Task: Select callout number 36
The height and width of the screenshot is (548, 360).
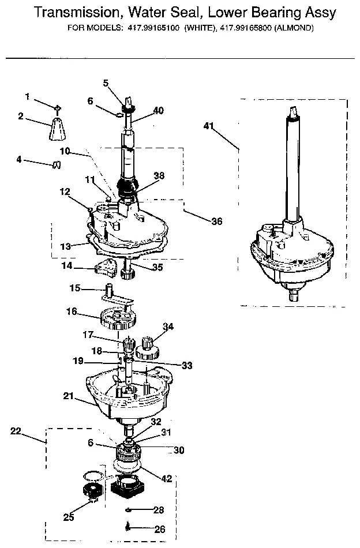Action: (x=216, y=220)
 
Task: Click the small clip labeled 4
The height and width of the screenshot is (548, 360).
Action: (x=56, y=165)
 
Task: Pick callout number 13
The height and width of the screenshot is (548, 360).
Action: (x=65, y=246)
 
